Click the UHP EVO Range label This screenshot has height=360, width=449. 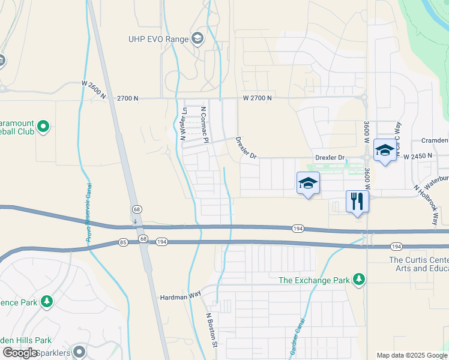[159, 40]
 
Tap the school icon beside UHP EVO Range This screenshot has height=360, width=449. [197, 40]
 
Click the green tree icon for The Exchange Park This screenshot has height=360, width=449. [359, 280]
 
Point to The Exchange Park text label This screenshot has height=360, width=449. [315, 280]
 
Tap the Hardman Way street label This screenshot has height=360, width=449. [179, 297]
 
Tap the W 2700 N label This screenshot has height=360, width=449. [258, 98]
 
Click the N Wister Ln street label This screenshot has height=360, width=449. [185, 123]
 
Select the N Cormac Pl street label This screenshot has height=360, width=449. [205, 125]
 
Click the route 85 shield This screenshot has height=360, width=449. [123, 242]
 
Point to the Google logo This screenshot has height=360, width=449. [20, 353]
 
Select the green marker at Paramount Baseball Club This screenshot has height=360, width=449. [43, 127]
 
